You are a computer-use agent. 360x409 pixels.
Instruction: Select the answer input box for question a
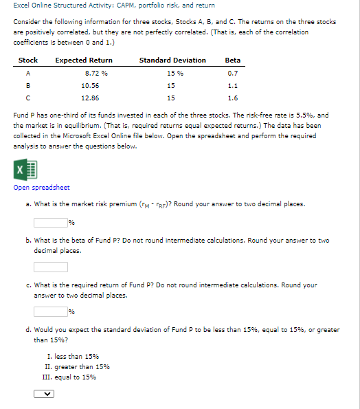(50, 222)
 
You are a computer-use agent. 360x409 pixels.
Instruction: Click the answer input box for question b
(50, 267)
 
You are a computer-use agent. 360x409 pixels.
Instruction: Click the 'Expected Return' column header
(84, 60)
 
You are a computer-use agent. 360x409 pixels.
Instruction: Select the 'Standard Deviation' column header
(172, 60)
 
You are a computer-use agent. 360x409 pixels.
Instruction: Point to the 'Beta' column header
(232, 60)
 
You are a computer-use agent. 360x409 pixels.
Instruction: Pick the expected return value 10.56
(90, 86)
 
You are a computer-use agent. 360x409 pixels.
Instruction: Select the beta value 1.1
(232, 86)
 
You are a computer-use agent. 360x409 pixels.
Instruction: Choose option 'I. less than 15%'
(72, 356)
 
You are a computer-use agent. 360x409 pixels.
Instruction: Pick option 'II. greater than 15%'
(77, 366)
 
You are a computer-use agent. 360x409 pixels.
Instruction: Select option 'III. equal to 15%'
(71, 377)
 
